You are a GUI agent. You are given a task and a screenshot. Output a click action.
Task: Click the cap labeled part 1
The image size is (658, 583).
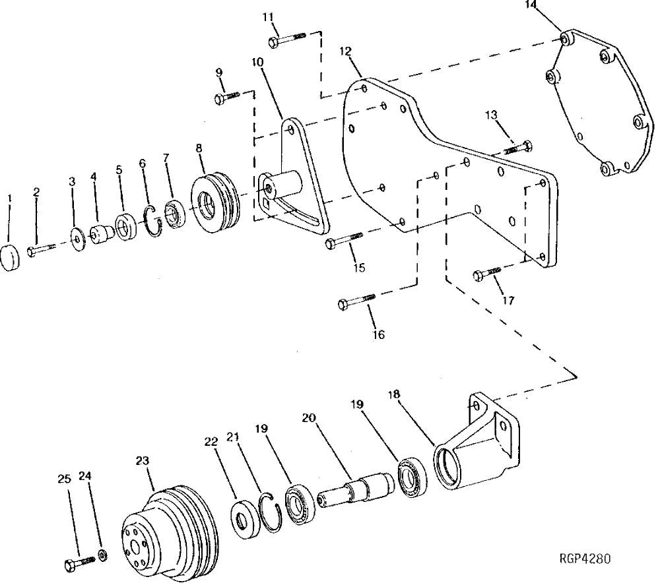click(11, 257)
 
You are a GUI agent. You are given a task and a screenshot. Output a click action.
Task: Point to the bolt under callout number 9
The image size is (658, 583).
click(228, 98)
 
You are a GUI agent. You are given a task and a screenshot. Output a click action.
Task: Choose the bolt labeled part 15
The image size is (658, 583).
click(344, 241)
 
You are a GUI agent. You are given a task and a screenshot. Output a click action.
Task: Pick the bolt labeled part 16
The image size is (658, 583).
click(356, 301)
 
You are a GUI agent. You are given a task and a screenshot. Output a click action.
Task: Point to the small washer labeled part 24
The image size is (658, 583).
click(103, 555)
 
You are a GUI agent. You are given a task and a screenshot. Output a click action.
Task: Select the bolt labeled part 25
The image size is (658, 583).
click(79, 563)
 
